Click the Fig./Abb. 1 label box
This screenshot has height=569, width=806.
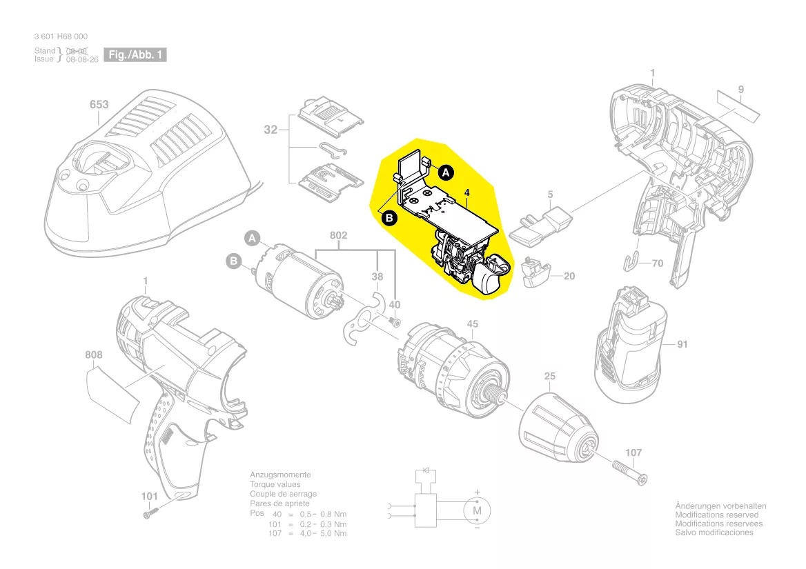coord(135,54)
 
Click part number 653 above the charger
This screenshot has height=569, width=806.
coord(99,105)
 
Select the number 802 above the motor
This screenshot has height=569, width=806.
coord(338,236)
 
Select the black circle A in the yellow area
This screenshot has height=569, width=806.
coord(446,172)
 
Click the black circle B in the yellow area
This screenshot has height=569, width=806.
coord(389,218)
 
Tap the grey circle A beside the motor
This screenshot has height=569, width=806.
coord(253,239)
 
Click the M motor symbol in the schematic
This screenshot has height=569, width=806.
coord(475,510)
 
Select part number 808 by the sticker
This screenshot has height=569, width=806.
coord(94,355)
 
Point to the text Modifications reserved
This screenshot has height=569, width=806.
coord(716,515)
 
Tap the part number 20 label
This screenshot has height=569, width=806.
coord(569,277)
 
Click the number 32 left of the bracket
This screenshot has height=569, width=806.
coord(271,129)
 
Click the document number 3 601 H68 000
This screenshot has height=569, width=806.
coord(60,37)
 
